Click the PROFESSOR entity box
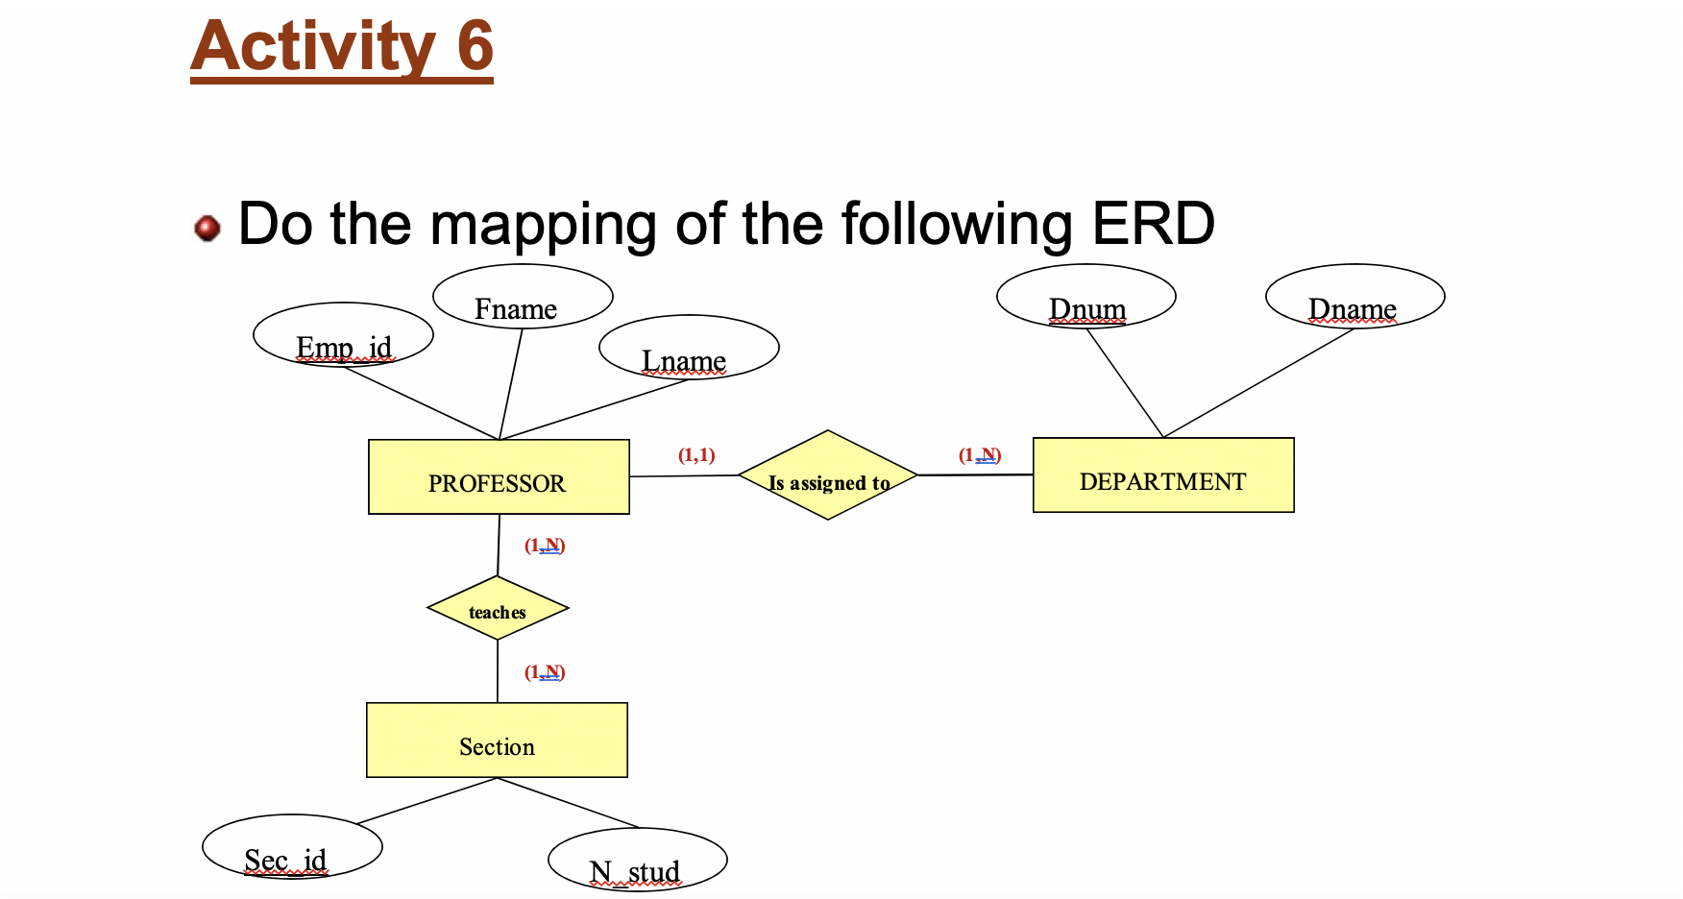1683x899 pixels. coord(499,477)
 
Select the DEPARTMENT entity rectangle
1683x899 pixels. coord(1162,475)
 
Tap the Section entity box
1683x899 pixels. coord(497,741)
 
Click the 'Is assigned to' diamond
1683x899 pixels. coord(828,475)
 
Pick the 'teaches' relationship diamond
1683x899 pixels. coord(498,609)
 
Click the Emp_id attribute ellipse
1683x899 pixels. coord(343,335)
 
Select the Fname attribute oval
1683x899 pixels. coord(523,297)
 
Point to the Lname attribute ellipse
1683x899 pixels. coord(689,348)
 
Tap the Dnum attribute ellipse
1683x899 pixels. coord(1085,297)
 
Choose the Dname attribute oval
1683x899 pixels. coord(1354,297)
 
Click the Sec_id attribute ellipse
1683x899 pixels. coord(292,847)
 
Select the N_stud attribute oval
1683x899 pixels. coord(637,860)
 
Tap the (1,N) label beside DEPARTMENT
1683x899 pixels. coord(980,455)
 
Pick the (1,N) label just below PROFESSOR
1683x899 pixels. coord(545,546)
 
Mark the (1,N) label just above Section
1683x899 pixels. coord(545,672)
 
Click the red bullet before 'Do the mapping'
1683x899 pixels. coord(207,229)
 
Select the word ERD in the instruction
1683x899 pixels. coord(1153,224)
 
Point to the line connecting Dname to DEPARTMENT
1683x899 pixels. coord(1258,383)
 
